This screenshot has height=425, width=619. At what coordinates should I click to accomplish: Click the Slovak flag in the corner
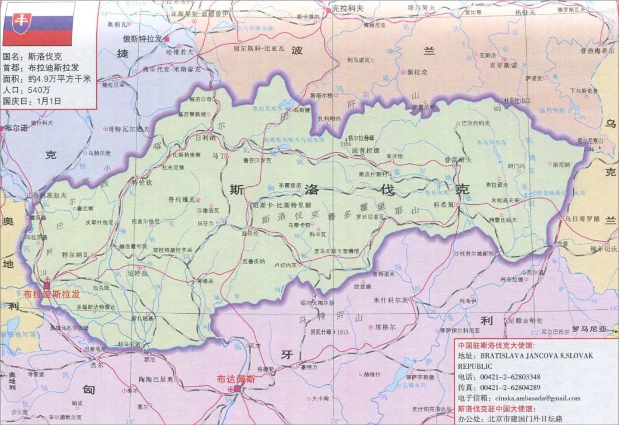pos(38,24)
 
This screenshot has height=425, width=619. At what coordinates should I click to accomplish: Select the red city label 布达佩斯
pos(235,379)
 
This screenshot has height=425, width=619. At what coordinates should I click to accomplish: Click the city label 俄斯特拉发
pos(142,38)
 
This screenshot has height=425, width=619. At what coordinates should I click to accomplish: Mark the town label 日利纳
pos(205,138)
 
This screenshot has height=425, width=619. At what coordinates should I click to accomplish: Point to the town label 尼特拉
pos(137,274)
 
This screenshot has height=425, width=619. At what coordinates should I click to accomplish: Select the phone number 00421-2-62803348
pos(510,376)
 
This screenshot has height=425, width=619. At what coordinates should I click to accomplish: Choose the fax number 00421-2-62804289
pos(510,387)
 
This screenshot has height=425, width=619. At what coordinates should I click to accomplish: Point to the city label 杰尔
pos(97,364)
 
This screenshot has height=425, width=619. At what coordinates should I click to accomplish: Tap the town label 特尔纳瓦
pos(76,254)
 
